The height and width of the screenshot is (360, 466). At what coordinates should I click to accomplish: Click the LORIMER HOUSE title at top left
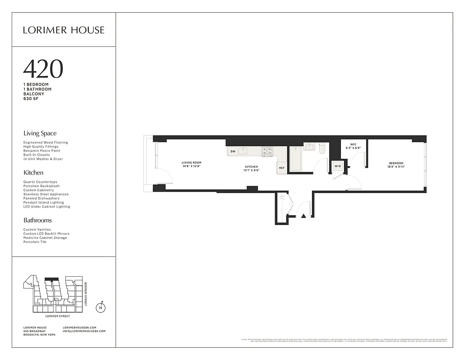point(63,30)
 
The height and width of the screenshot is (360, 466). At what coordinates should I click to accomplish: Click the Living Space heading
point(40,133)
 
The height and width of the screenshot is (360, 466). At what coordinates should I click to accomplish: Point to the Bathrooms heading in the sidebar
point(37,220)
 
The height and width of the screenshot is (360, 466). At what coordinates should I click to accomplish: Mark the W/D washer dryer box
point(338,166)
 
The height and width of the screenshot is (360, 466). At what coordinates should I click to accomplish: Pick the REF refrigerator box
point(282,168)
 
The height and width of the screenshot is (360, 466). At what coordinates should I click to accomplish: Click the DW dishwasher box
point(233,151)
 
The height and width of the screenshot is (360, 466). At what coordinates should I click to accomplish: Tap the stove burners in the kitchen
point(267,151)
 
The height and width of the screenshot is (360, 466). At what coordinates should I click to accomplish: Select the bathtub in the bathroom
point(295,159)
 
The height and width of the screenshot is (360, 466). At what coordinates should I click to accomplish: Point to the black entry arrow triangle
point(303,216)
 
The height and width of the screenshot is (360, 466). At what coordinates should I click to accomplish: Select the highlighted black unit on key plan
point(53,279)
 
